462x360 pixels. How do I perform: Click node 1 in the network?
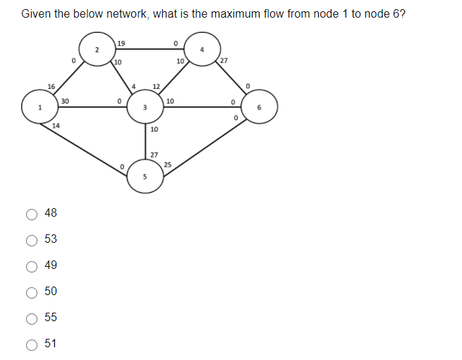pyautogui.click(x=41, y=107)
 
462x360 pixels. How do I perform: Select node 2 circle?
pyautogui.click(x=97, y=49)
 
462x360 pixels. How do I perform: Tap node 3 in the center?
pyautogui.click(x=145, y=107)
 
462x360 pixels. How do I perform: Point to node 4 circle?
pyautogui.click(x=202, y=49)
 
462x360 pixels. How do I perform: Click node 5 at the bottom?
pyautogui.click(x=145, y=176)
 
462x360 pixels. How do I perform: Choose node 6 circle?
pyautogui.click(x=259, y=107)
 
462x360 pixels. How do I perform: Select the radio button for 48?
pyautogui.click(x=31, y=213)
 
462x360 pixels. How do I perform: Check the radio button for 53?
pyautogui.click(x=31, y=239)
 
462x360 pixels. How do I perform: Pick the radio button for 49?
pyautogui.click(x=31, y=265)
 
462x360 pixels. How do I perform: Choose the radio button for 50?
pyautogui.click(x=31, y=292)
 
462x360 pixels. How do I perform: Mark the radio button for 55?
pyautogui.click(x=31, y=318)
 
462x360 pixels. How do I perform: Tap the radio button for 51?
pyautogui.click(x=31, y=344)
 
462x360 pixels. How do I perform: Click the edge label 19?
pyautogui.click(x=121, y=44)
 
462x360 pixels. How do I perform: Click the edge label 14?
pyautogui.click(x=56, y=125)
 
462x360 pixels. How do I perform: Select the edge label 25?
pyautogui.click(x=167, y=164)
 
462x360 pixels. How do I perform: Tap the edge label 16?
pyautogui.click(x=51, y=87)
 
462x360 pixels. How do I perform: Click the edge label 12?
pyautogui.click(x=156, y=87)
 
